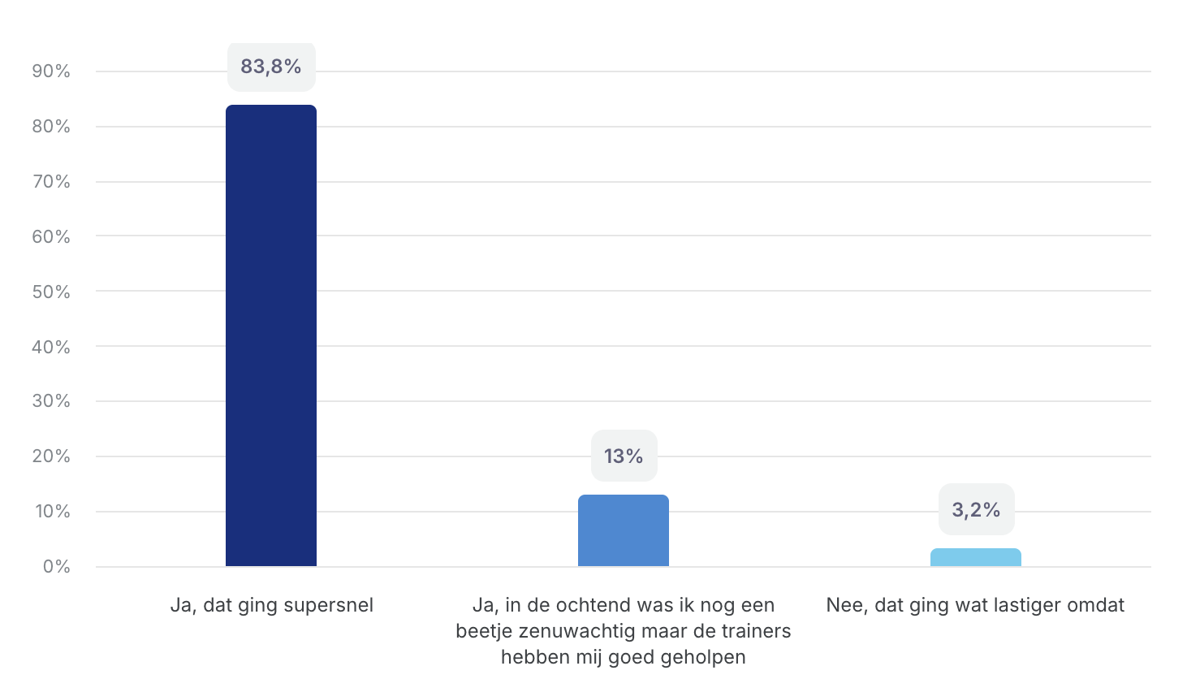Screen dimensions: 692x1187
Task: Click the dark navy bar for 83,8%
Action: [x=271, y=335]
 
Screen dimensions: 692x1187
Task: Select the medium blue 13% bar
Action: [x=624, y=530]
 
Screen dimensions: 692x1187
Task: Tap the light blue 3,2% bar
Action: [x=975, y=557]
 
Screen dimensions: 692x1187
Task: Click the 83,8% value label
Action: [x=271, y=67]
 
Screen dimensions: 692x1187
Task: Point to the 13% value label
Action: [x=624, y=456]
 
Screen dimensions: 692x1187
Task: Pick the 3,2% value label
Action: [x=976, y=510]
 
